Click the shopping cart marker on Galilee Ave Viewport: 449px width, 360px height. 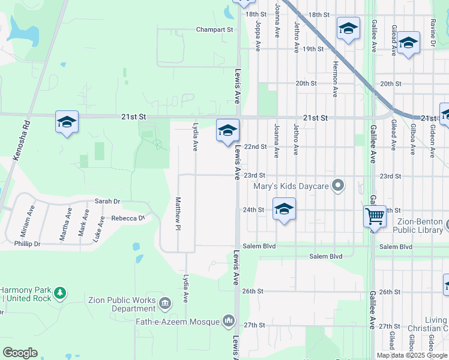375,215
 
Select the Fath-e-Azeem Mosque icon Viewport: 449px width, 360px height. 229,322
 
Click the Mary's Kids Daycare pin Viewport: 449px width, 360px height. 339,186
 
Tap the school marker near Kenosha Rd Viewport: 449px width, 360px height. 67,122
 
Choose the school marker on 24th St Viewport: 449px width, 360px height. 285,209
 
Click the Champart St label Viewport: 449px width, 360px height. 214,29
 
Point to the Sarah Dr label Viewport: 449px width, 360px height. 107,202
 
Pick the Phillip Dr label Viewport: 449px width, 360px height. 28,244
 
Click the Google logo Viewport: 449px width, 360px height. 20,353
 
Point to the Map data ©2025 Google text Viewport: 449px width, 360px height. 411,355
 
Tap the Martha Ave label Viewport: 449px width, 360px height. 64,224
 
